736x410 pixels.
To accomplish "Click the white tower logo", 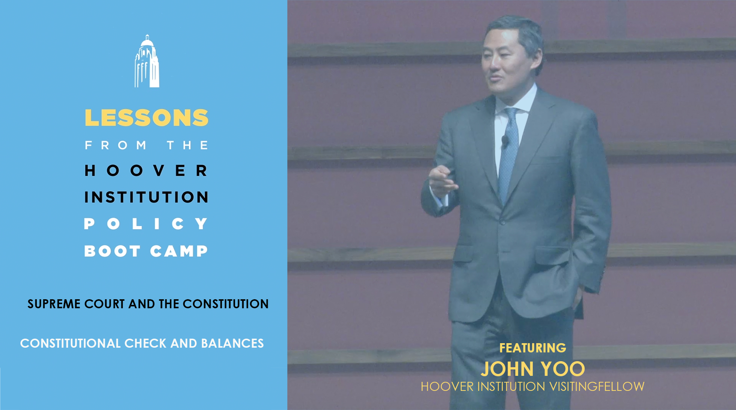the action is tap(147, 61).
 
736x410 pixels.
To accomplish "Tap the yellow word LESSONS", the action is tap(146, 118).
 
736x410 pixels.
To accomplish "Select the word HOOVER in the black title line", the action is tap(146, 170).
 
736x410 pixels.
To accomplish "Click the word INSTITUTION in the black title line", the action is tap(146, 197).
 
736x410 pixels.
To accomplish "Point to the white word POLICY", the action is tap(146, 224).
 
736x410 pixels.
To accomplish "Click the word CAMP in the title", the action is tap(179, 251).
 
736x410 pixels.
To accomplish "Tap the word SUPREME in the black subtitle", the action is tap(54, 304).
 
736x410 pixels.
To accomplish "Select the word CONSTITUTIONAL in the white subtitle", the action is tap(70, 343).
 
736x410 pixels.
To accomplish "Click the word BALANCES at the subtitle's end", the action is tap(232, 343).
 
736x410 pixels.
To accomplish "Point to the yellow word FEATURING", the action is tap(532, 348).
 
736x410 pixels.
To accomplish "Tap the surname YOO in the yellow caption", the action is tap(563, 369).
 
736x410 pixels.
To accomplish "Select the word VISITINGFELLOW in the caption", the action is tap(597, 386).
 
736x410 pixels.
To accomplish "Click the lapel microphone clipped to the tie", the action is tap(505, 141).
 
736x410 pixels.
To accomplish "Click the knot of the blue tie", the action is tap(511, 113).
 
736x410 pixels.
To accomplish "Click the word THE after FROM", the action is tap(187, 145).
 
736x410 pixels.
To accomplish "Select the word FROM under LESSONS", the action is tap(116, 145).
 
